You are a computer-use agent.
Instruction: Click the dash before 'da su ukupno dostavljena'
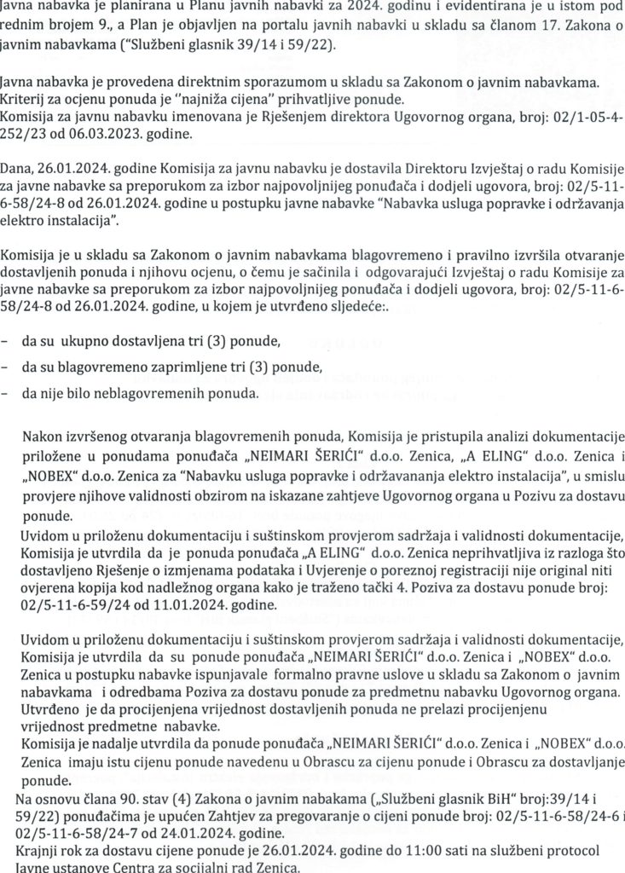click(x=7, y=343)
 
